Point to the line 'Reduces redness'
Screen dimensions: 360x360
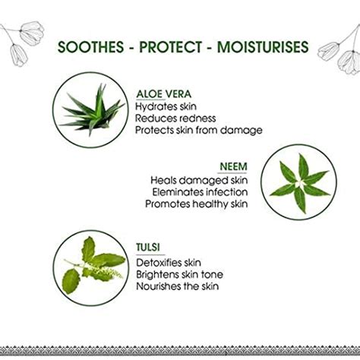coord(175,118)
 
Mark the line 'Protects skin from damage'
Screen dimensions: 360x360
coord(199,130)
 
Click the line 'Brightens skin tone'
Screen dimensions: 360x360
coord(180,274)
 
